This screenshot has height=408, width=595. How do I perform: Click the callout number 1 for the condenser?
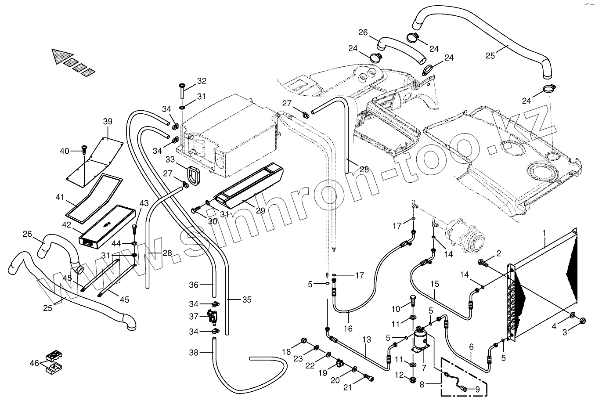(544, 232)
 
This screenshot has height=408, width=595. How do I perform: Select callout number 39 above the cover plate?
(108, 122)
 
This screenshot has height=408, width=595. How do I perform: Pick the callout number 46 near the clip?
(34, 363)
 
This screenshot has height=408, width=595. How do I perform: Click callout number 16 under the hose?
(348, 329)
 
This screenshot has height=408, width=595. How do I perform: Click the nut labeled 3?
(583, 320)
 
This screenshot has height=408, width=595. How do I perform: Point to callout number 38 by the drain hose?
(194, 352)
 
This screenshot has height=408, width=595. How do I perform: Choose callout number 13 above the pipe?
(367, 339)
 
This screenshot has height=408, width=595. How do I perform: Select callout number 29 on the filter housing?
(260, 210)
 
